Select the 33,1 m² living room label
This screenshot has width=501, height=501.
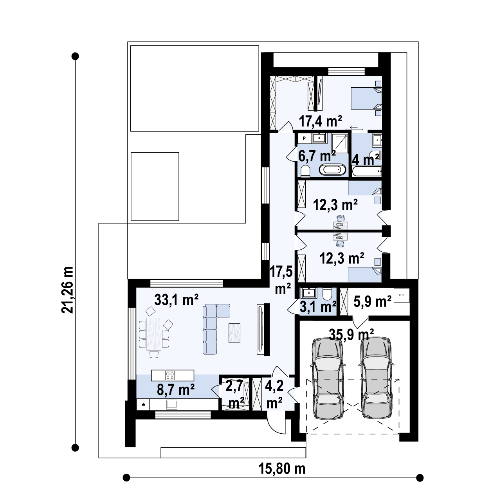pyautogui.click(x=176, y=300)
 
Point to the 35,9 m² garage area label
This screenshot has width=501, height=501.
pyautogui.click(x=351, y=334)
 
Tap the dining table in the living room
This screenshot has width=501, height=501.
pyautogui.click(x=154, y=334)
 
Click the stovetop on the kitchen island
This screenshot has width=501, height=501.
pyautogui.click(x=170, y=375)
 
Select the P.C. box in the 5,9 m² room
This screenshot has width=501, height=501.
pyautogui.click(x=402, y=295)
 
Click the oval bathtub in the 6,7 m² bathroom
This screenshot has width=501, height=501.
pyautogui.click(x=333, y=170)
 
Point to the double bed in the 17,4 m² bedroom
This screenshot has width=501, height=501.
pyautogui.click(x=366, y=98)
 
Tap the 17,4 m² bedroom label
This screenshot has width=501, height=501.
pyautogui.click(x=320, y=121)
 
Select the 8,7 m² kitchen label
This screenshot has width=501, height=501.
pyautogui.click(x=176, y=390)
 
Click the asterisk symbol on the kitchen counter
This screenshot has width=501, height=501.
pyautogui.click(x=143, y=405)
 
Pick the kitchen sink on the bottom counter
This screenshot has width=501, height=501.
pyautogui.click(x=172, y=404)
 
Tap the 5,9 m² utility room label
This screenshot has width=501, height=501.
pyautogui.click(x=372, y=301)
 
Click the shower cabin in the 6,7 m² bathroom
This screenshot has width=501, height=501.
pyautogui.click(x=340, y=144)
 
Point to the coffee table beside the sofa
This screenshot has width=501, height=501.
pyautogui.click(x=234, y=333)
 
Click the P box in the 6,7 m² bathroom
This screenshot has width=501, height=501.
pyautogui.click(x=304, y=138)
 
